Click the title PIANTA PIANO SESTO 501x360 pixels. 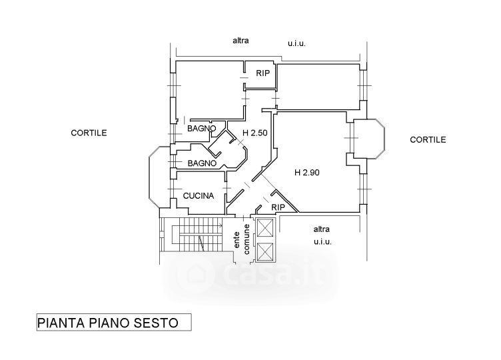[107, 323]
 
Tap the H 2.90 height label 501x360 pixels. [307, 172]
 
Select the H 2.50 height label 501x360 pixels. [254, 133]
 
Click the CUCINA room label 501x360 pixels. [199, 196]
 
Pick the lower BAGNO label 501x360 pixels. [201, 163]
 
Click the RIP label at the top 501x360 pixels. [262, 73]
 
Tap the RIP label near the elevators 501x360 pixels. [278, 207]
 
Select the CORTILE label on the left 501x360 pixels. [89, 133]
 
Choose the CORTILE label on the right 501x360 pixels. [428, 140]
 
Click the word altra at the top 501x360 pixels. [241, 41]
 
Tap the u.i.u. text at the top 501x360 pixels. [296, 43]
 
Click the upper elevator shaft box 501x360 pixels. [264, 228]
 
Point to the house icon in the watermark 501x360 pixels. [198, 273]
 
